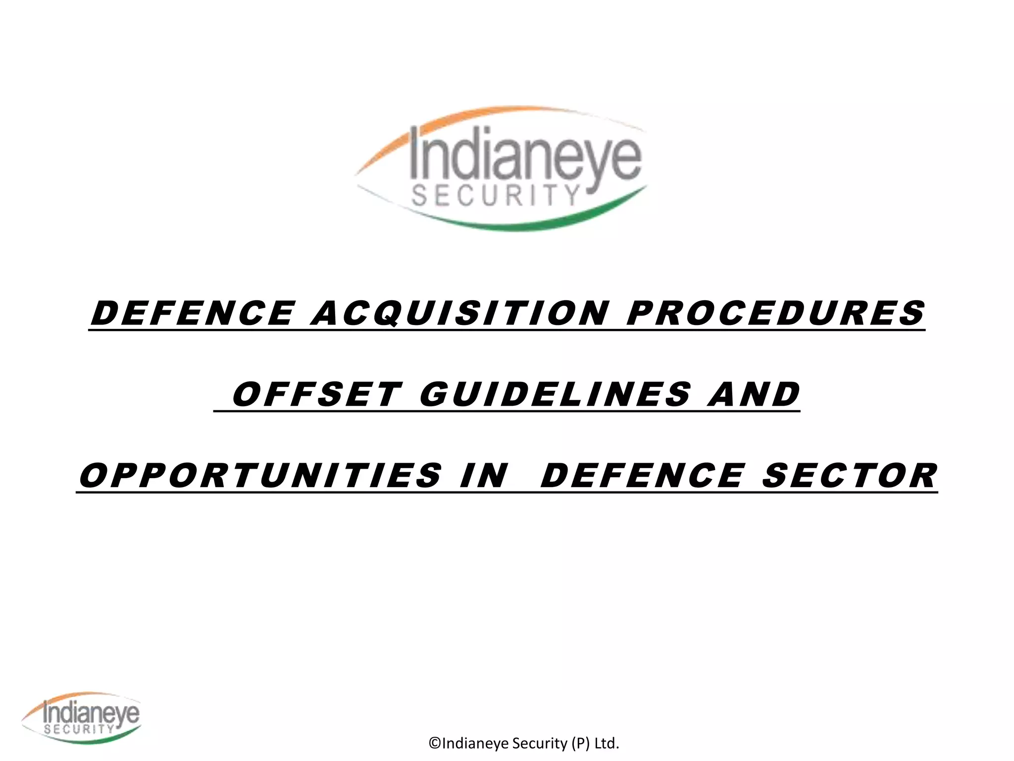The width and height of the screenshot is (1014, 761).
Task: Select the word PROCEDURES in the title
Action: tap(775, 313)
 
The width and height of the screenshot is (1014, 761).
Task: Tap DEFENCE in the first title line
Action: tap(193, 313)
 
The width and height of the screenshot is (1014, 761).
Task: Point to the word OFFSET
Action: tap(316, 394)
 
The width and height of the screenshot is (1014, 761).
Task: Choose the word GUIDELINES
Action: tap(555, 394)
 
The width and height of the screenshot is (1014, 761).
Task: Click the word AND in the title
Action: tap(754, 394)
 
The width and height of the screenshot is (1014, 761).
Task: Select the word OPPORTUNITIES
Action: tap(260, 476)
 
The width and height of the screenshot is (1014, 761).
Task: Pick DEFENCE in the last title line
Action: tap(642, 476)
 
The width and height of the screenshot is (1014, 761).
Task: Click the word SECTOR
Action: tap(850, 476)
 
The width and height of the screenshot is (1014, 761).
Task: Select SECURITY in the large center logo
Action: tap(495, 196)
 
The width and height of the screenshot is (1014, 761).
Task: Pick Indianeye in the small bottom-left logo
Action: tap(91, 713)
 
